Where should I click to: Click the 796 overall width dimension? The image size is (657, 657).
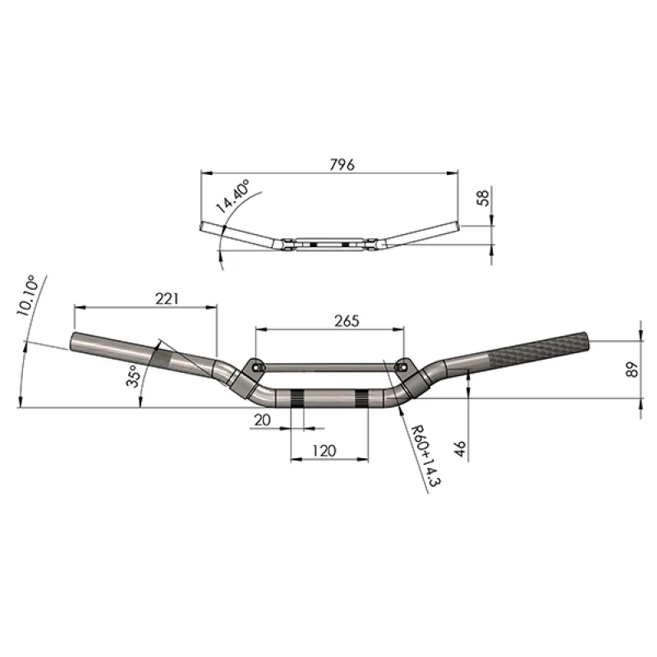coord(342,165)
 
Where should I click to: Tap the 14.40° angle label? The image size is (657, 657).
coord(232,195)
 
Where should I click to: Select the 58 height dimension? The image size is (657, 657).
coord(483,198)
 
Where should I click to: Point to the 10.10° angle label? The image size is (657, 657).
coord(27,296)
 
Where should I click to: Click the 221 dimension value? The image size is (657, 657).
coord(167,298)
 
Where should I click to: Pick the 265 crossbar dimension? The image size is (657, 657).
coord(347,321)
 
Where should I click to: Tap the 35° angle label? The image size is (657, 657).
coord(132,376)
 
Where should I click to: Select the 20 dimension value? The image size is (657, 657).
coord(262,420)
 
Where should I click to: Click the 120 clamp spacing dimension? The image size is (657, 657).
coord(324,451)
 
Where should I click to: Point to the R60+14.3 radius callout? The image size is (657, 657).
coord(425,456)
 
